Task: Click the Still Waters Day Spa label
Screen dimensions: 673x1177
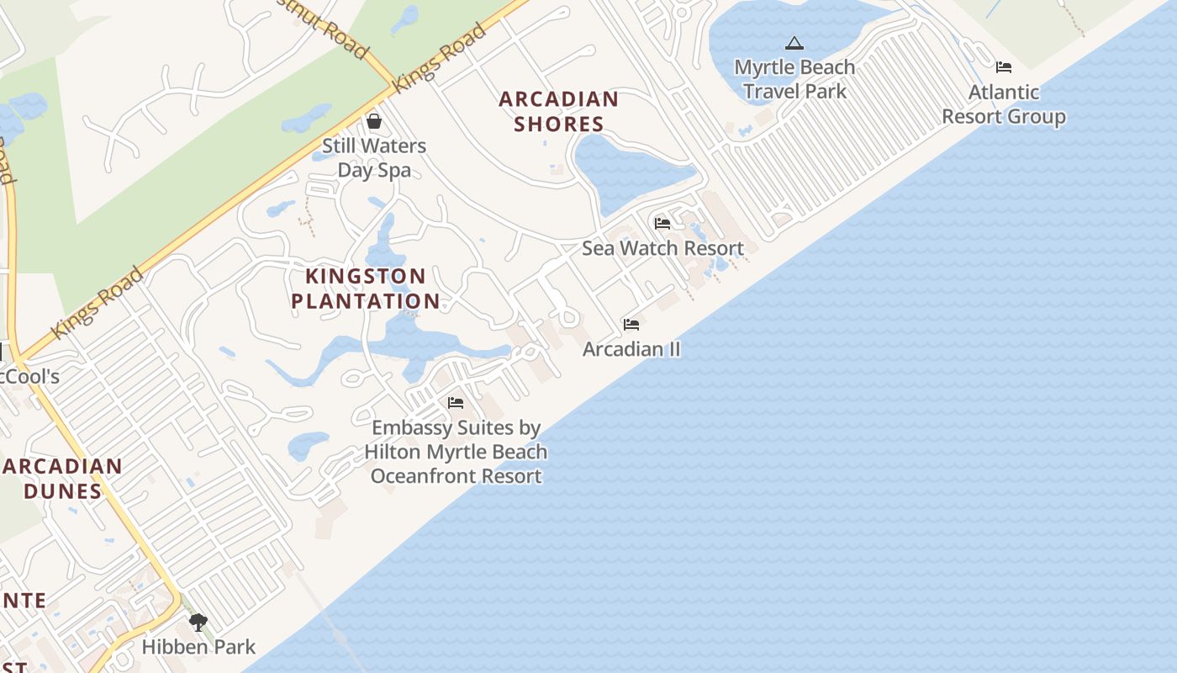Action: point(374,158)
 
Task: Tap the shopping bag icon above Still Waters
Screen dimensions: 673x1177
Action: point(374,122)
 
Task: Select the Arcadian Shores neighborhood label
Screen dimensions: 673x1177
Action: point(559,111)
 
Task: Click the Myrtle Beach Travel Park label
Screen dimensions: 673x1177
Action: point(794,79)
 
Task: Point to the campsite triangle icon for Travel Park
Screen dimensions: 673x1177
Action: point(794,43)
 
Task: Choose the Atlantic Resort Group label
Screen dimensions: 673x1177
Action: point(1004,104)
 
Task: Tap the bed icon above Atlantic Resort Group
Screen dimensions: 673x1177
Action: point(1003,67)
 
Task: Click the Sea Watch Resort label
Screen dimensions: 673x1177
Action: point(662,248)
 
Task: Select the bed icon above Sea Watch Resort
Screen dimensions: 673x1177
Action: point(662,224)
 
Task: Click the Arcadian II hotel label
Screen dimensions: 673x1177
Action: point(631,349)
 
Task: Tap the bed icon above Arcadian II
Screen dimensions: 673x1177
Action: point(631,325)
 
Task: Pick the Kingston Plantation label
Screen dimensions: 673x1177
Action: point(366,289)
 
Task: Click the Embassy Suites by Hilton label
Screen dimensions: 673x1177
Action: point(456,452)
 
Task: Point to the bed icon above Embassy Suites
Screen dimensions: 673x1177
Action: point(456,403)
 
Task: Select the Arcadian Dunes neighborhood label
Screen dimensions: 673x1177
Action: point(63,478)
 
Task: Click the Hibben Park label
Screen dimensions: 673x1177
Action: point(198,647)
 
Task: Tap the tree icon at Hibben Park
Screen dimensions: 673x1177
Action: point(198,623)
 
